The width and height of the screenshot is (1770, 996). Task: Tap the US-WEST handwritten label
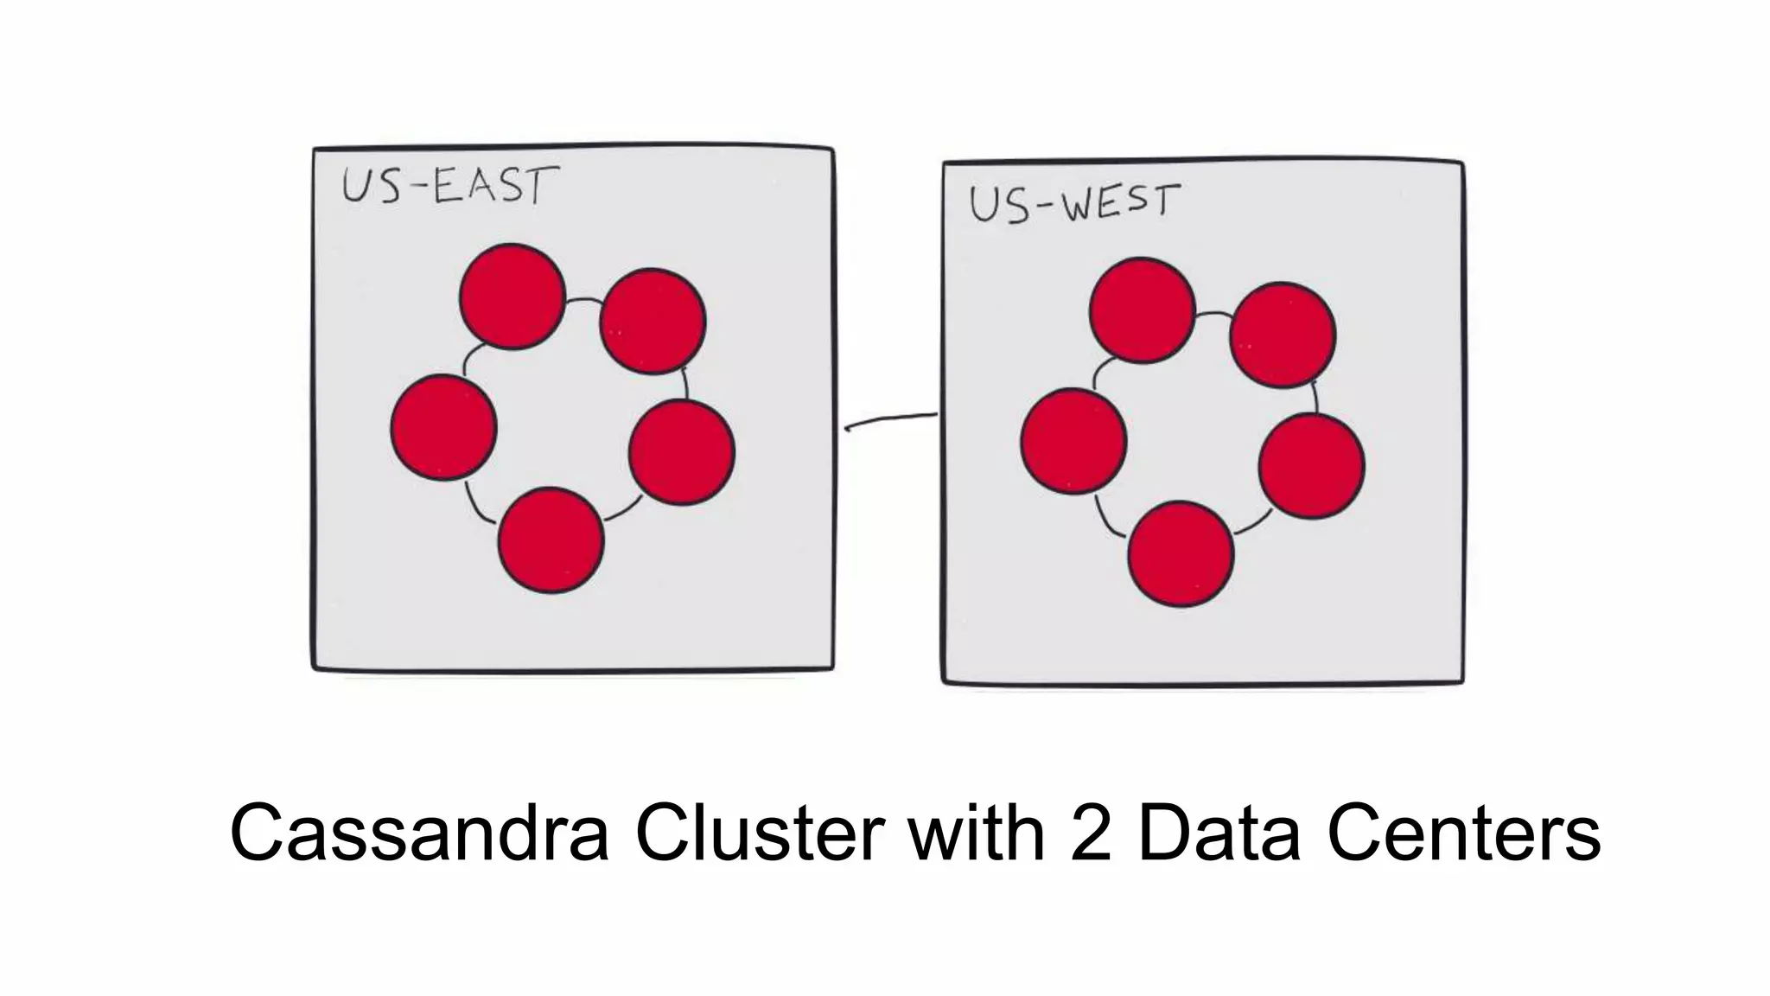1073,203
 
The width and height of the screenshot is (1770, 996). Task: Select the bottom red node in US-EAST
551,539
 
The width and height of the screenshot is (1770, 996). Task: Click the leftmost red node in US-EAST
443,427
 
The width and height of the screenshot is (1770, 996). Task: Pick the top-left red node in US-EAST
513,297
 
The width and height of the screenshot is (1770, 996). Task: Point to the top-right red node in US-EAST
653,321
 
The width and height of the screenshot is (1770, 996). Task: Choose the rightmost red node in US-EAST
682,452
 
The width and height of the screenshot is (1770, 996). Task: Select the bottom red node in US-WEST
1181,553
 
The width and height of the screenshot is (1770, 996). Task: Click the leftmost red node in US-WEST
1073,441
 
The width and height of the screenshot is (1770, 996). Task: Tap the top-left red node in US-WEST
1143,310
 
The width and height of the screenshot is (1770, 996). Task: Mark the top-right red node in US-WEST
1283,335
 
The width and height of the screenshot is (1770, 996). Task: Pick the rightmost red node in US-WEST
1312,466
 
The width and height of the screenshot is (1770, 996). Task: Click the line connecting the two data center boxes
890,420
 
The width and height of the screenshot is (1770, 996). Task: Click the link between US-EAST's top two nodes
584,302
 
